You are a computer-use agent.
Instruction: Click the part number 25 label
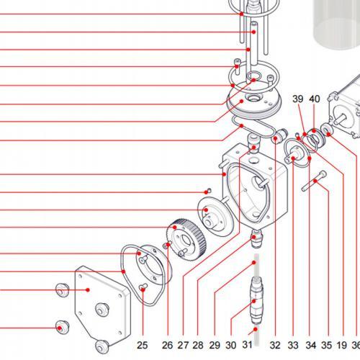pyautogui.click(x=142, y=345)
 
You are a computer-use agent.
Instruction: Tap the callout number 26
pyautogui.click(x=167, y=345)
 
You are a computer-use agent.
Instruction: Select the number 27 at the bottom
pyautogui.click(x=183, y=345)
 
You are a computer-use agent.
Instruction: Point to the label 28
pyautogui.click(x=198, y=345)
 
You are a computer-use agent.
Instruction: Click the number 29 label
pyautogui.click(x=215, y=345)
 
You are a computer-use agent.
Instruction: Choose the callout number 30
pyautogui.click(x=231, y=345)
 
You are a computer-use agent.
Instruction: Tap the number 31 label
pyautogui.click(x=247, y=344)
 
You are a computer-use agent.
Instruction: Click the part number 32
pyautogui.click(x=275, y=345)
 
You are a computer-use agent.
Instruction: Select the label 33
pyautogui.click(x=293, y=345)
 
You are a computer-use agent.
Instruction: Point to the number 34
pyautogui.click(x=311, y=345)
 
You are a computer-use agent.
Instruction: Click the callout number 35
pyautogui.click(x=327, y=345)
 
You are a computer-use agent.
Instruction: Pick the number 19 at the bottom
pyautogui.click(x=342, y=345)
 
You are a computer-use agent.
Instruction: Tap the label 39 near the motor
pyautogui.click(x=298, y=99)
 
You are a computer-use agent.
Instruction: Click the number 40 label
pyautogui.click(x=315, y=99)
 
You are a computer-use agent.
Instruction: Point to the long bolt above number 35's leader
pyautogui.click(x=314, y=181)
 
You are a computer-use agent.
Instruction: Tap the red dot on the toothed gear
pyautogui.click(x=175, y=227)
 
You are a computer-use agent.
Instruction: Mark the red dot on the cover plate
pyautogui.click(x=88, y=290)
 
